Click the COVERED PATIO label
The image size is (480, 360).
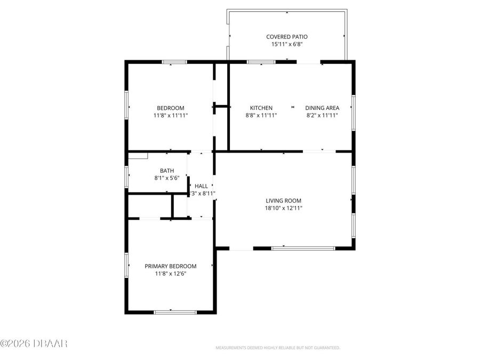click(x=287, y=37)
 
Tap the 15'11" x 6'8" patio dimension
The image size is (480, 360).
click(x=287, y=44)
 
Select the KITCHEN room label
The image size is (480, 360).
click(x=261, y=108)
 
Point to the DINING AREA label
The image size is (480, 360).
click(x=322, y=108)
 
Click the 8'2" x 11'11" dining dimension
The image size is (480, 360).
click(x=322, y=115)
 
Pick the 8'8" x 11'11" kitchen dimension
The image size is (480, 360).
click(x=261, y=115)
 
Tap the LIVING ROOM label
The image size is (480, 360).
click(x=284, y=201)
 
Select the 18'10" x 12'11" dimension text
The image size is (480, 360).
click(x=284, y=208)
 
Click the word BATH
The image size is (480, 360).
click(x=166, y=171)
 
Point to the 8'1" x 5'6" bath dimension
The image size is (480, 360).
click(x=166, y=178)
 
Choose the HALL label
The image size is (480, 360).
click(x=201, y=186)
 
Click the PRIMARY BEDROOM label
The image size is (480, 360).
click(x=171, y=266)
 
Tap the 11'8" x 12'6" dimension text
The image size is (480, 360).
click(x=171, y=274)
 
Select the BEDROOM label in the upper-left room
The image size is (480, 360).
click(x=171, y=108)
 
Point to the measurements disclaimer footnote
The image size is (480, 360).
click(x=277, y=348)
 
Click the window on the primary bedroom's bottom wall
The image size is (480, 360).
click(x=171, y=311)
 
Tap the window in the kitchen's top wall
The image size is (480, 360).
click(x=261, y=62)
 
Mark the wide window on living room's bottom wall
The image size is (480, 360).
click(x=303, y=248)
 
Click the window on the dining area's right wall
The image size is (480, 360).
click(x=353, y=112)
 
